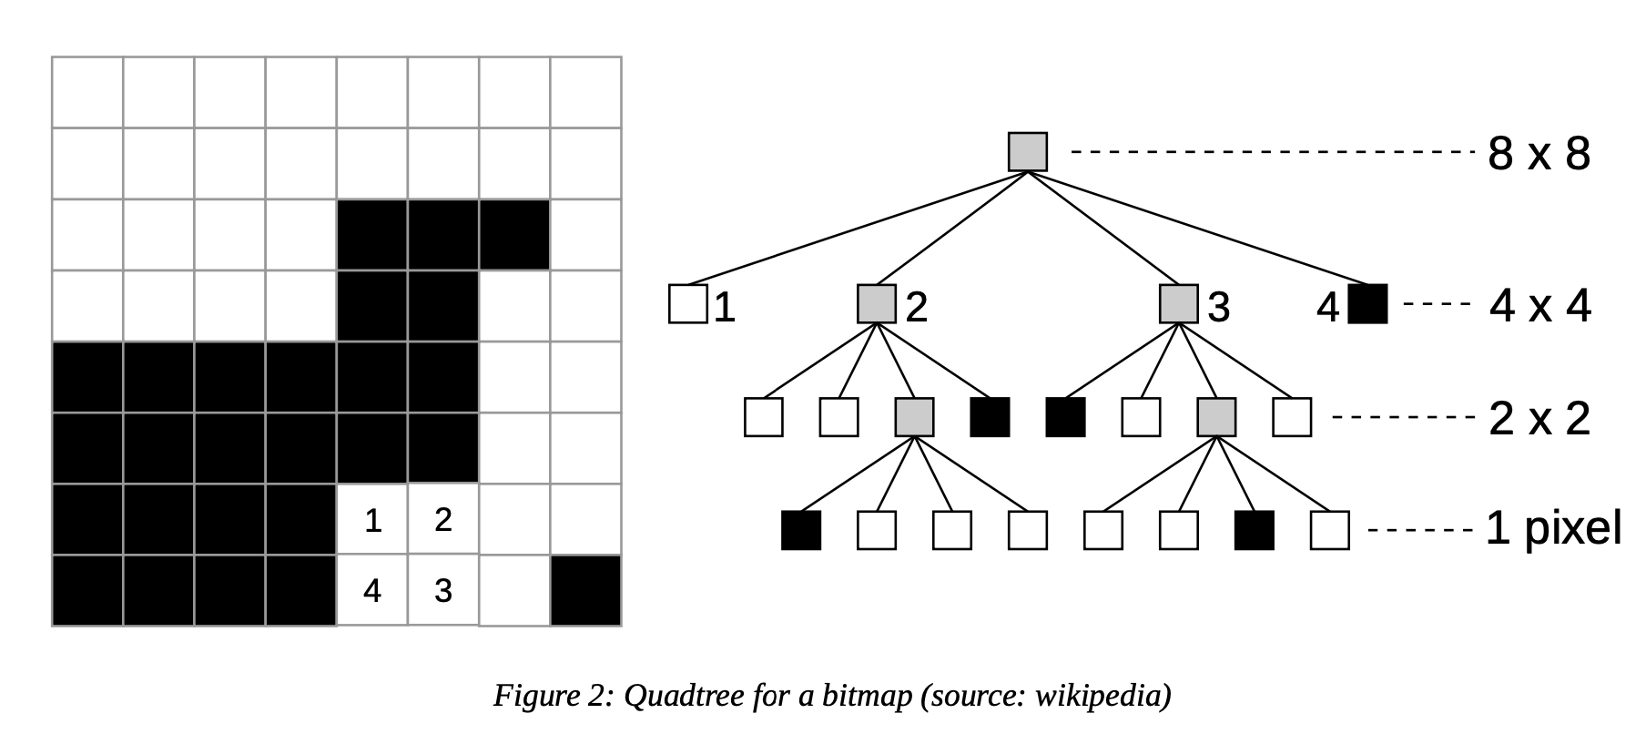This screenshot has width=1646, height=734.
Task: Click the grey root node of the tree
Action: pyautogui.click(x=1028, y=152)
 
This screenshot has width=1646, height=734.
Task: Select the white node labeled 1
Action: pyautogui.click(x=687, y=304)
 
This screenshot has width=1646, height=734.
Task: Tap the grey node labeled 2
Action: pyautogui.click(x=877, y=304)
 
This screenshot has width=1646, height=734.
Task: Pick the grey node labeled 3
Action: pyautogui.click(x=1179, y=304)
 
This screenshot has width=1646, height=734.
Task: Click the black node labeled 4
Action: pyautogui.click(x=1367, y=304)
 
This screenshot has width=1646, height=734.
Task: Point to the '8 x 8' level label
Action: pyautogui.click(x=1539, y=154)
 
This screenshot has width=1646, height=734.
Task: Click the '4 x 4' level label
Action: pyautogui.click(x=1539, y=306)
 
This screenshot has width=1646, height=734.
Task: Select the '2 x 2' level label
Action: pyautogui.click(x=1539, y=419)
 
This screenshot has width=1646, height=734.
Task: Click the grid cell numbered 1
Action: pyautogui.click(x=372, y=520)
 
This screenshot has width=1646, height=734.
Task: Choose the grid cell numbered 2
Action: pyautogui.click(x=443, y=520)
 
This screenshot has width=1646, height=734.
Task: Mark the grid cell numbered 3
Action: pyautogui.click(x=443, y=591)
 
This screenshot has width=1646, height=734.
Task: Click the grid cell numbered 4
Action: pyautogui.click(x=372, y=591)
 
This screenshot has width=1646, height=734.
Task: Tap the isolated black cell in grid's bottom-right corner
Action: pyautogui.click(x=585, y=591)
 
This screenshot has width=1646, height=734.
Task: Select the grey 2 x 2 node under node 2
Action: pyautogui.click(x=914, y=417)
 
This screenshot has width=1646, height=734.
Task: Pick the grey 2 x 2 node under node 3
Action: pyautogui.click(x=1216, y=417)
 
